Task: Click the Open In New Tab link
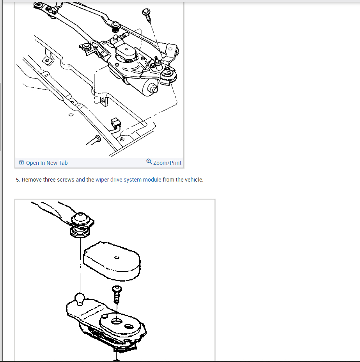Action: (x=46, y=163)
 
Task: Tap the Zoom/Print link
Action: (x=167, y=163)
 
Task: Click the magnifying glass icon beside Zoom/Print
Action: (x=149, y=161)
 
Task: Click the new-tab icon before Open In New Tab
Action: (x=21, y=163)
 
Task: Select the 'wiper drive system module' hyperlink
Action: (x=128, y=180)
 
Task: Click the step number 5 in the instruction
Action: (x=18, y=180)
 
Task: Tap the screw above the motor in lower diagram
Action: (x=117, y=294)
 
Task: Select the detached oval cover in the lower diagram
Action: (x=112, y=261)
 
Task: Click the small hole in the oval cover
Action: (x=117, y=257)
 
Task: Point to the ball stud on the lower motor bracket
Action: (x=80, y=299)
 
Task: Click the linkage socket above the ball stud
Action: (x=81, y=225)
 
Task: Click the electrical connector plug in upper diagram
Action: (x=116, y=122)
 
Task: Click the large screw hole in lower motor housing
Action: (x=117, y=321)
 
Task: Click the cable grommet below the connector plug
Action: (x=98, y=139)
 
